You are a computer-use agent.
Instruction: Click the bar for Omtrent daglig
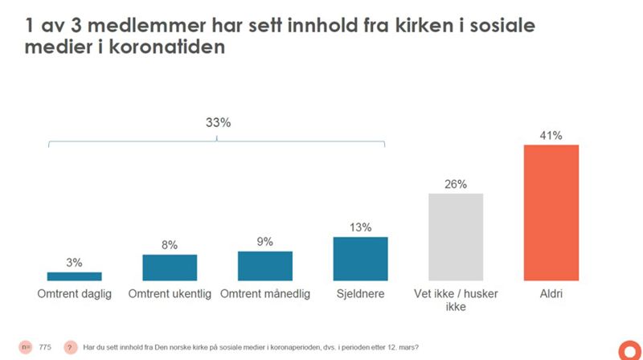point(74,276)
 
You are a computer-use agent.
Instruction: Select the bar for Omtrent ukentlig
point(170,268)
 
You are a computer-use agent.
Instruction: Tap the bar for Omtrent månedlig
point(264,266)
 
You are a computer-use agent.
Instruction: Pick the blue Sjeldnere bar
point(360,259)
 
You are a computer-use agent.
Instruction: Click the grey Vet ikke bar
point(456,237)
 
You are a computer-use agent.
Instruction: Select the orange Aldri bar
point(551,213)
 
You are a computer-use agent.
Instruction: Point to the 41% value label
point(551,134)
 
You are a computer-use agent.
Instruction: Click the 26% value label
point(456,183)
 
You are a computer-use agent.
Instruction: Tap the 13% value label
point(360,227)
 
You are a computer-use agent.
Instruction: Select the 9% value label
point(264,241)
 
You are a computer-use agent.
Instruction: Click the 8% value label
point(170,244)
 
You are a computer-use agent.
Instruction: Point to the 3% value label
point(74,262)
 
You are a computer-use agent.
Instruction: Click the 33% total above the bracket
point(216,123)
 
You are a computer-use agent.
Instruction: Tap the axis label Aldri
point(551,294)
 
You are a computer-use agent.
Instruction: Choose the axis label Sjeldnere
point(360,294)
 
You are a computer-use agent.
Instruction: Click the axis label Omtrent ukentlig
point(170,294)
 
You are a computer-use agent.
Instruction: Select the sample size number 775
point(45,347)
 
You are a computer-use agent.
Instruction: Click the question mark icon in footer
point(70,347)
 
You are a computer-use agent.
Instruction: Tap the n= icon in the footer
point(27,347)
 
